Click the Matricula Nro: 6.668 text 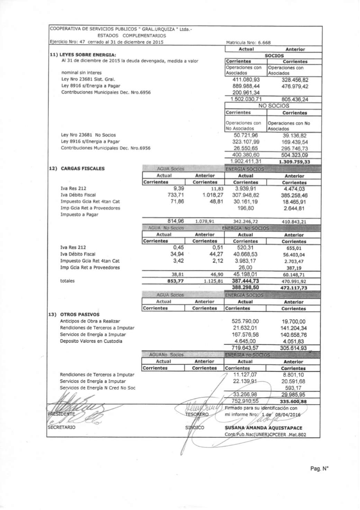[x=248, y=43]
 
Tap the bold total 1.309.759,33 [x=294, y=162]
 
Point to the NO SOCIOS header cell [x=273, y=106]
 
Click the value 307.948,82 [x=245, y=195]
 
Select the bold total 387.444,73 [x=245, y=281]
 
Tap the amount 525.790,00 [x=245, y=321]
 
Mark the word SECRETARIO [x=61, y=427]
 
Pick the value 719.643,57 [x=245, y=348]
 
